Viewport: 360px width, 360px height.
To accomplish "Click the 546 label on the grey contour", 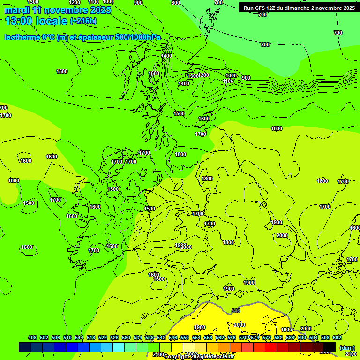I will (x=236, y=311).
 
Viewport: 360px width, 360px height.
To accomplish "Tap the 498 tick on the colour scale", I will (x=32, y=337).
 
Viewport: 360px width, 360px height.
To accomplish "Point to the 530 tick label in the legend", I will (x=126, y=337).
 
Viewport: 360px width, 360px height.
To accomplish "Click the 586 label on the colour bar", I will (x=290, y=337).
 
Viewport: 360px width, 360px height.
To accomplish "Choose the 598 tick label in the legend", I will (x=326, y=337).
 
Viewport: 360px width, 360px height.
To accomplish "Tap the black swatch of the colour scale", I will (x=330, y=347).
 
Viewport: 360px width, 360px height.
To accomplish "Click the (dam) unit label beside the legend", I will (x=347, y=348).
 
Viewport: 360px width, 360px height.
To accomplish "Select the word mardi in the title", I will (x=16, y=10).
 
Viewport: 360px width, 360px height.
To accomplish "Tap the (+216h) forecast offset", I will (x=83, y=21).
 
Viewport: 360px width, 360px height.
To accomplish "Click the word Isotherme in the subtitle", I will (x=21, y=37).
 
